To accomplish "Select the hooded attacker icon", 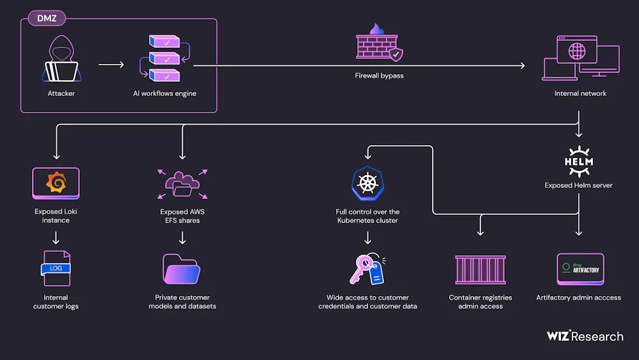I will (x=61, y=59).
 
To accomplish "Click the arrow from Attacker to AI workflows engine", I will (x=111, y=65).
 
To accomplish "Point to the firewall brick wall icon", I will (x=379, y=45).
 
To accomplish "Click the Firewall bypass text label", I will (x=380, y=75).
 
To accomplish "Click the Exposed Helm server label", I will (x=579, y=185).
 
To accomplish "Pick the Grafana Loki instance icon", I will (x=56, y=183).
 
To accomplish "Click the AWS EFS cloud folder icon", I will (x=182, y=184).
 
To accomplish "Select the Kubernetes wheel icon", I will (x=367, y=184).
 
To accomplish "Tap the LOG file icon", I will (x=56, y=268).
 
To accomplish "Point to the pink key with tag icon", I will (x=367, y=269).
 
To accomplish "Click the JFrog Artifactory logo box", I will (x=580, y=269).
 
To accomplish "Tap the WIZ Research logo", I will (x=585, y=336).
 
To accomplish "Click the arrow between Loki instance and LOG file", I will (x=56, y=238).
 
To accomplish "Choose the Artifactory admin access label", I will (x=578, y=297).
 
